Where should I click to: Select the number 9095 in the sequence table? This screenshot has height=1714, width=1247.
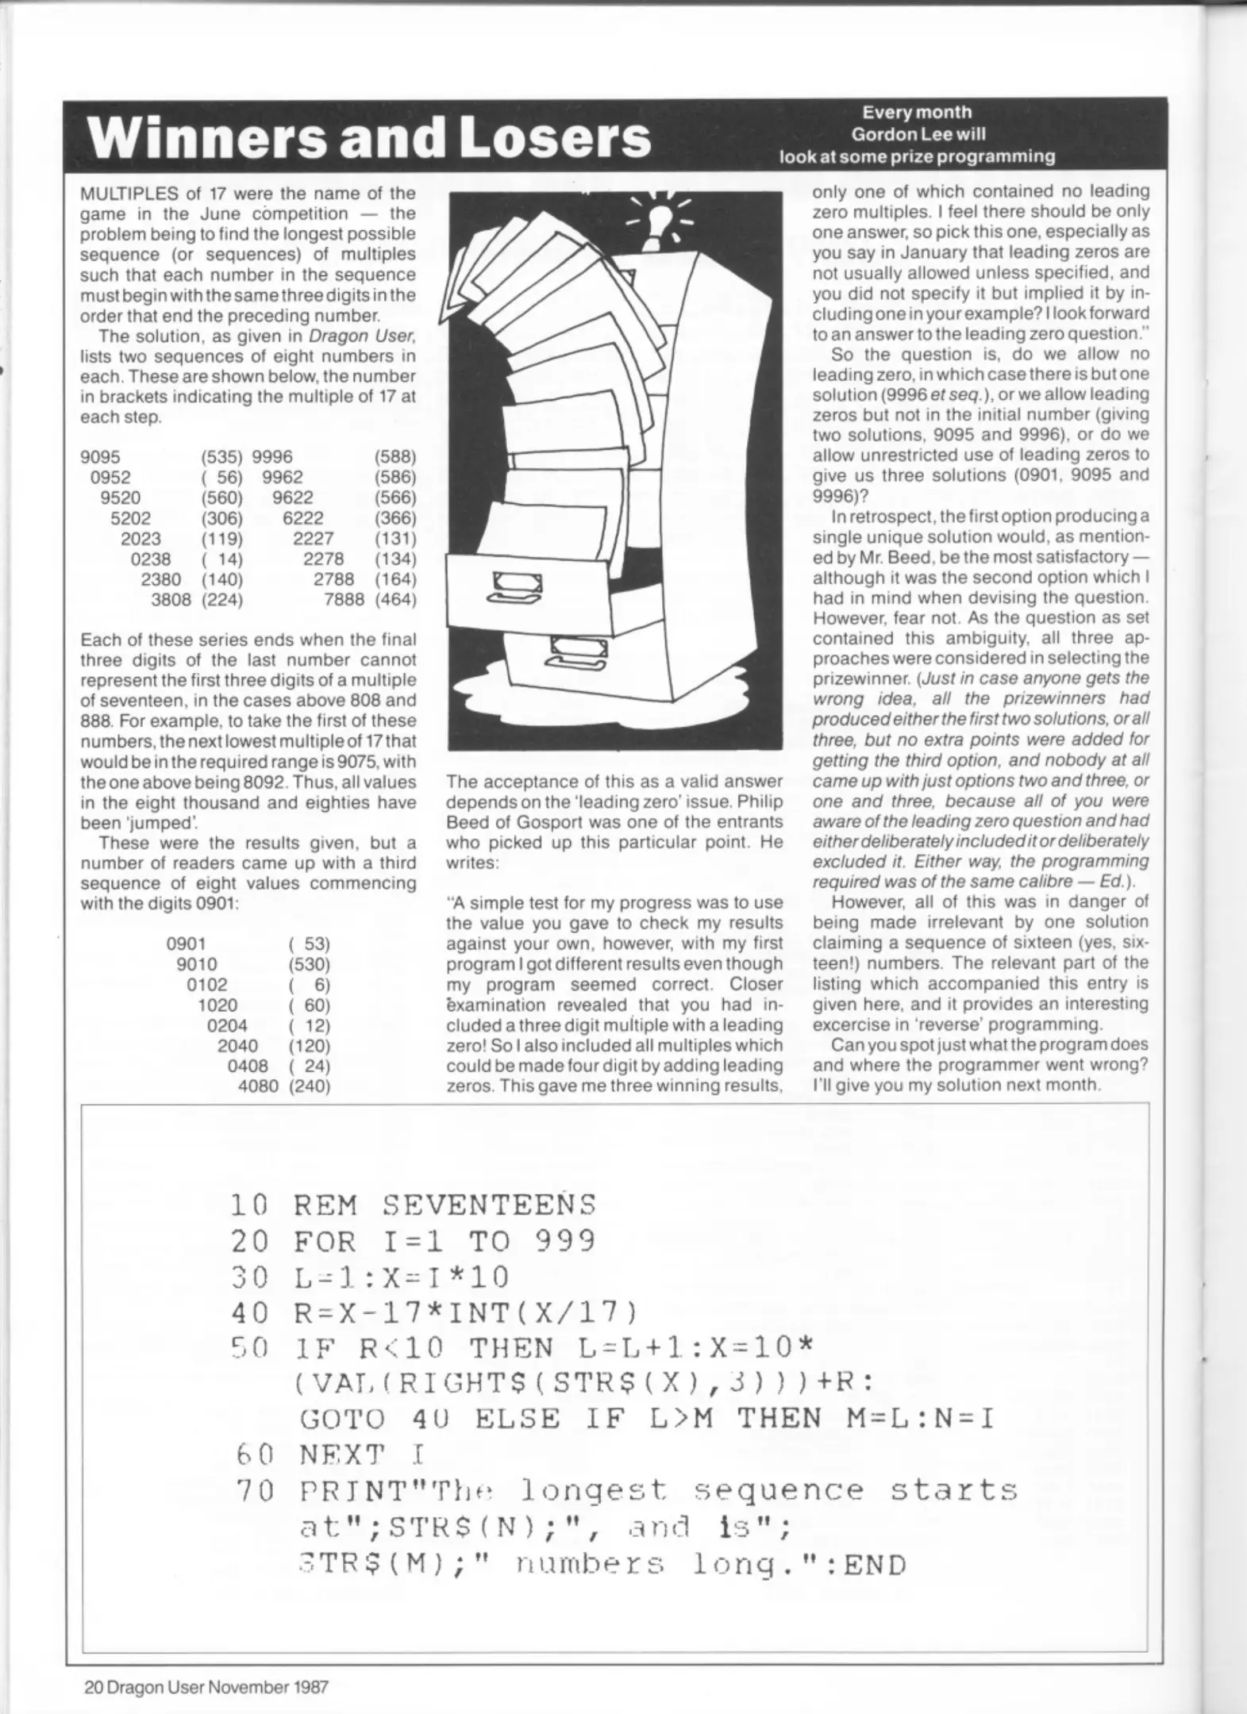coord(100,457)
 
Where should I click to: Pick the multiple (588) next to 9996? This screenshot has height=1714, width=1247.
coord(394,457)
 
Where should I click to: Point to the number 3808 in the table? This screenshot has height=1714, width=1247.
coord(171,600)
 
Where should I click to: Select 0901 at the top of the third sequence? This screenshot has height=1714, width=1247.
coord(186,944)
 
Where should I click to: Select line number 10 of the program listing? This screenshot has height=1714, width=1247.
coord(248,1228)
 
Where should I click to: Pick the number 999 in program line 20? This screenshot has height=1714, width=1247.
coord(565,1263)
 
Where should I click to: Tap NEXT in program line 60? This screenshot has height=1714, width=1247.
coord(341,1455)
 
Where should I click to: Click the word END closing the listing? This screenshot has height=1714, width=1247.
coord(874,1566)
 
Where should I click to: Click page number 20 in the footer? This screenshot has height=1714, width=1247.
coord(94,1665)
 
